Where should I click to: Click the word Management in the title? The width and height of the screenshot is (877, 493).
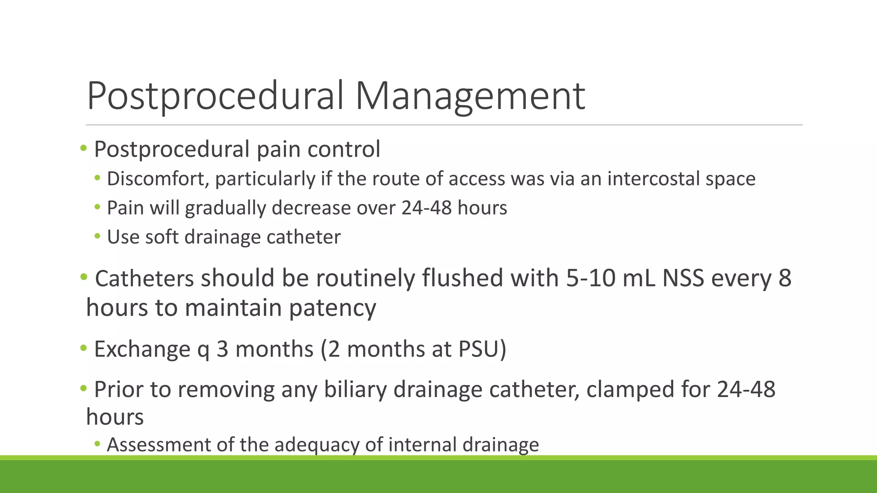470,96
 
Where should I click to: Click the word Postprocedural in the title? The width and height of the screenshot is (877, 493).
215,96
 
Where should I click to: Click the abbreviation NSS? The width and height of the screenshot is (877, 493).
683,278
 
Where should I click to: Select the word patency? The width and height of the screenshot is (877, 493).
332,308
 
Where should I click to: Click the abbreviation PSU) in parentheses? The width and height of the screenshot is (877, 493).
482,349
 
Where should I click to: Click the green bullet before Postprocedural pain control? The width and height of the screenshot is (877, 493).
84,148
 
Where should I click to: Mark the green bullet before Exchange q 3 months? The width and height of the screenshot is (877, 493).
84,348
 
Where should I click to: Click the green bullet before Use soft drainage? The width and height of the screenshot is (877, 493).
98,236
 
